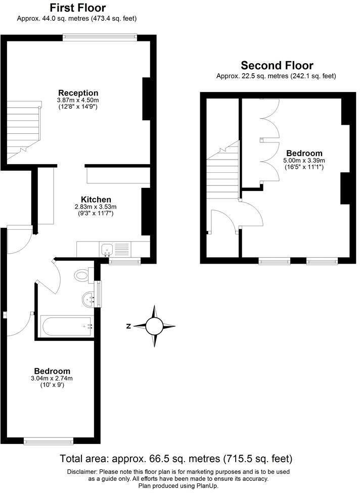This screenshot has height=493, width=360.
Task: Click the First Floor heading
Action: [78, 8]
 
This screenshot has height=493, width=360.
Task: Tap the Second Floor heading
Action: [277, 66]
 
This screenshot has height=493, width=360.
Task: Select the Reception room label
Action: [78, 93]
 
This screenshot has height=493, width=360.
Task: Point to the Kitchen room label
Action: [96, 200]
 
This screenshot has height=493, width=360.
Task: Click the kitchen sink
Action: [107, 248]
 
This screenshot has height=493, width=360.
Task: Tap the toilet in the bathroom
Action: [81, 275]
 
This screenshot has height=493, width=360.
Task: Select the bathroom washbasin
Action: [89, 299]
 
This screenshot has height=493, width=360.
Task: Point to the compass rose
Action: [155, 326]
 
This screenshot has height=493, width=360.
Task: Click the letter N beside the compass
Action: [129, 326]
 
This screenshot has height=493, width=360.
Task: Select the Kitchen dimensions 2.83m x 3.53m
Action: [96, 207]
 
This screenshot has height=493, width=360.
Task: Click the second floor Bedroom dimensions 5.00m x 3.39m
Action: [304, 161]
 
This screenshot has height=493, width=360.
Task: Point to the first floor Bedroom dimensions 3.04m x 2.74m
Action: [52, 378]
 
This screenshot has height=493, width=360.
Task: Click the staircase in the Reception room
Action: [23, 128]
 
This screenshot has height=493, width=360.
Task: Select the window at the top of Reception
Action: [100, 36]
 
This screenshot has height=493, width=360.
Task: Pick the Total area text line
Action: [176, 459]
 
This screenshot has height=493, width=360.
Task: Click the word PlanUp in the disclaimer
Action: [207, 485]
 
